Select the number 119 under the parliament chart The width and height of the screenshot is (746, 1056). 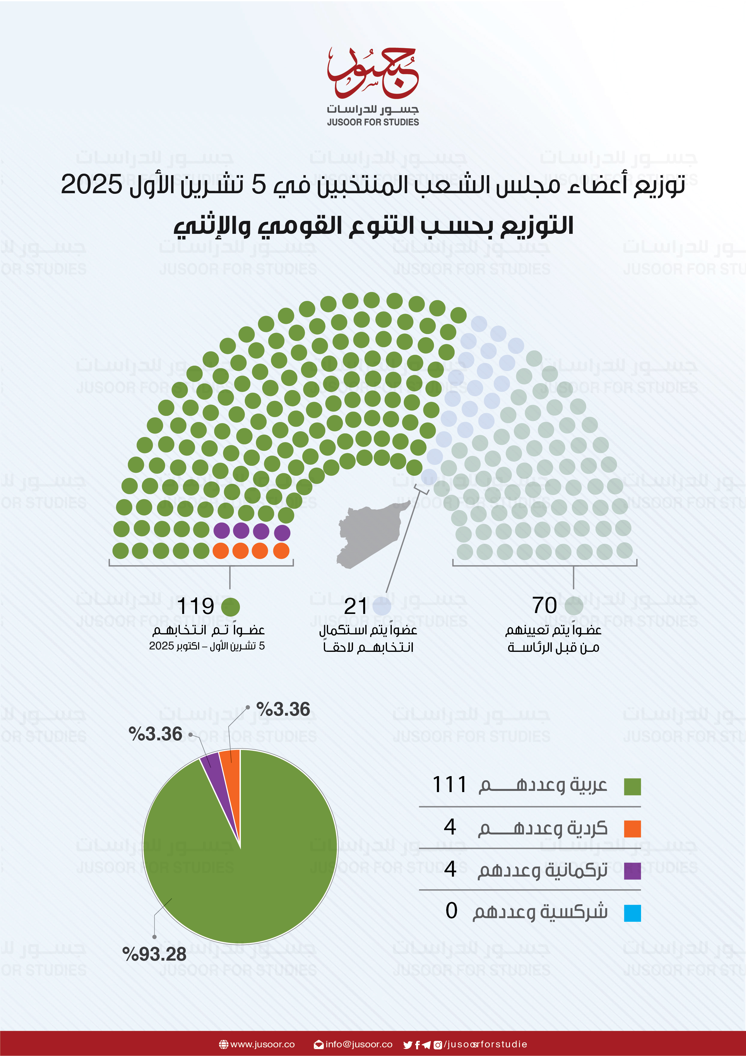[195, 606]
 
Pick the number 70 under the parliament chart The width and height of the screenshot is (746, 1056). [544, 605]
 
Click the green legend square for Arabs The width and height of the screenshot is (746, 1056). [632, 786]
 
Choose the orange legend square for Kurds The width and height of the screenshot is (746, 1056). [632, 829]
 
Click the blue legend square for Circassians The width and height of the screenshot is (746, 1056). [632, 913]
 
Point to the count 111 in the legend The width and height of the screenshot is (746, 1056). [450, 785]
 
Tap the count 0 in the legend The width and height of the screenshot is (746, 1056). [451, 911]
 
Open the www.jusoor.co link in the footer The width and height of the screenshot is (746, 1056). [262, 1045]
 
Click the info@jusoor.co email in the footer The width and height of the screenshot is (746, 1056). [358, 1045]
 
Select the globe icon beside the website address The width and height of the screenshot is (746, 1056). [224, 1045]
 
